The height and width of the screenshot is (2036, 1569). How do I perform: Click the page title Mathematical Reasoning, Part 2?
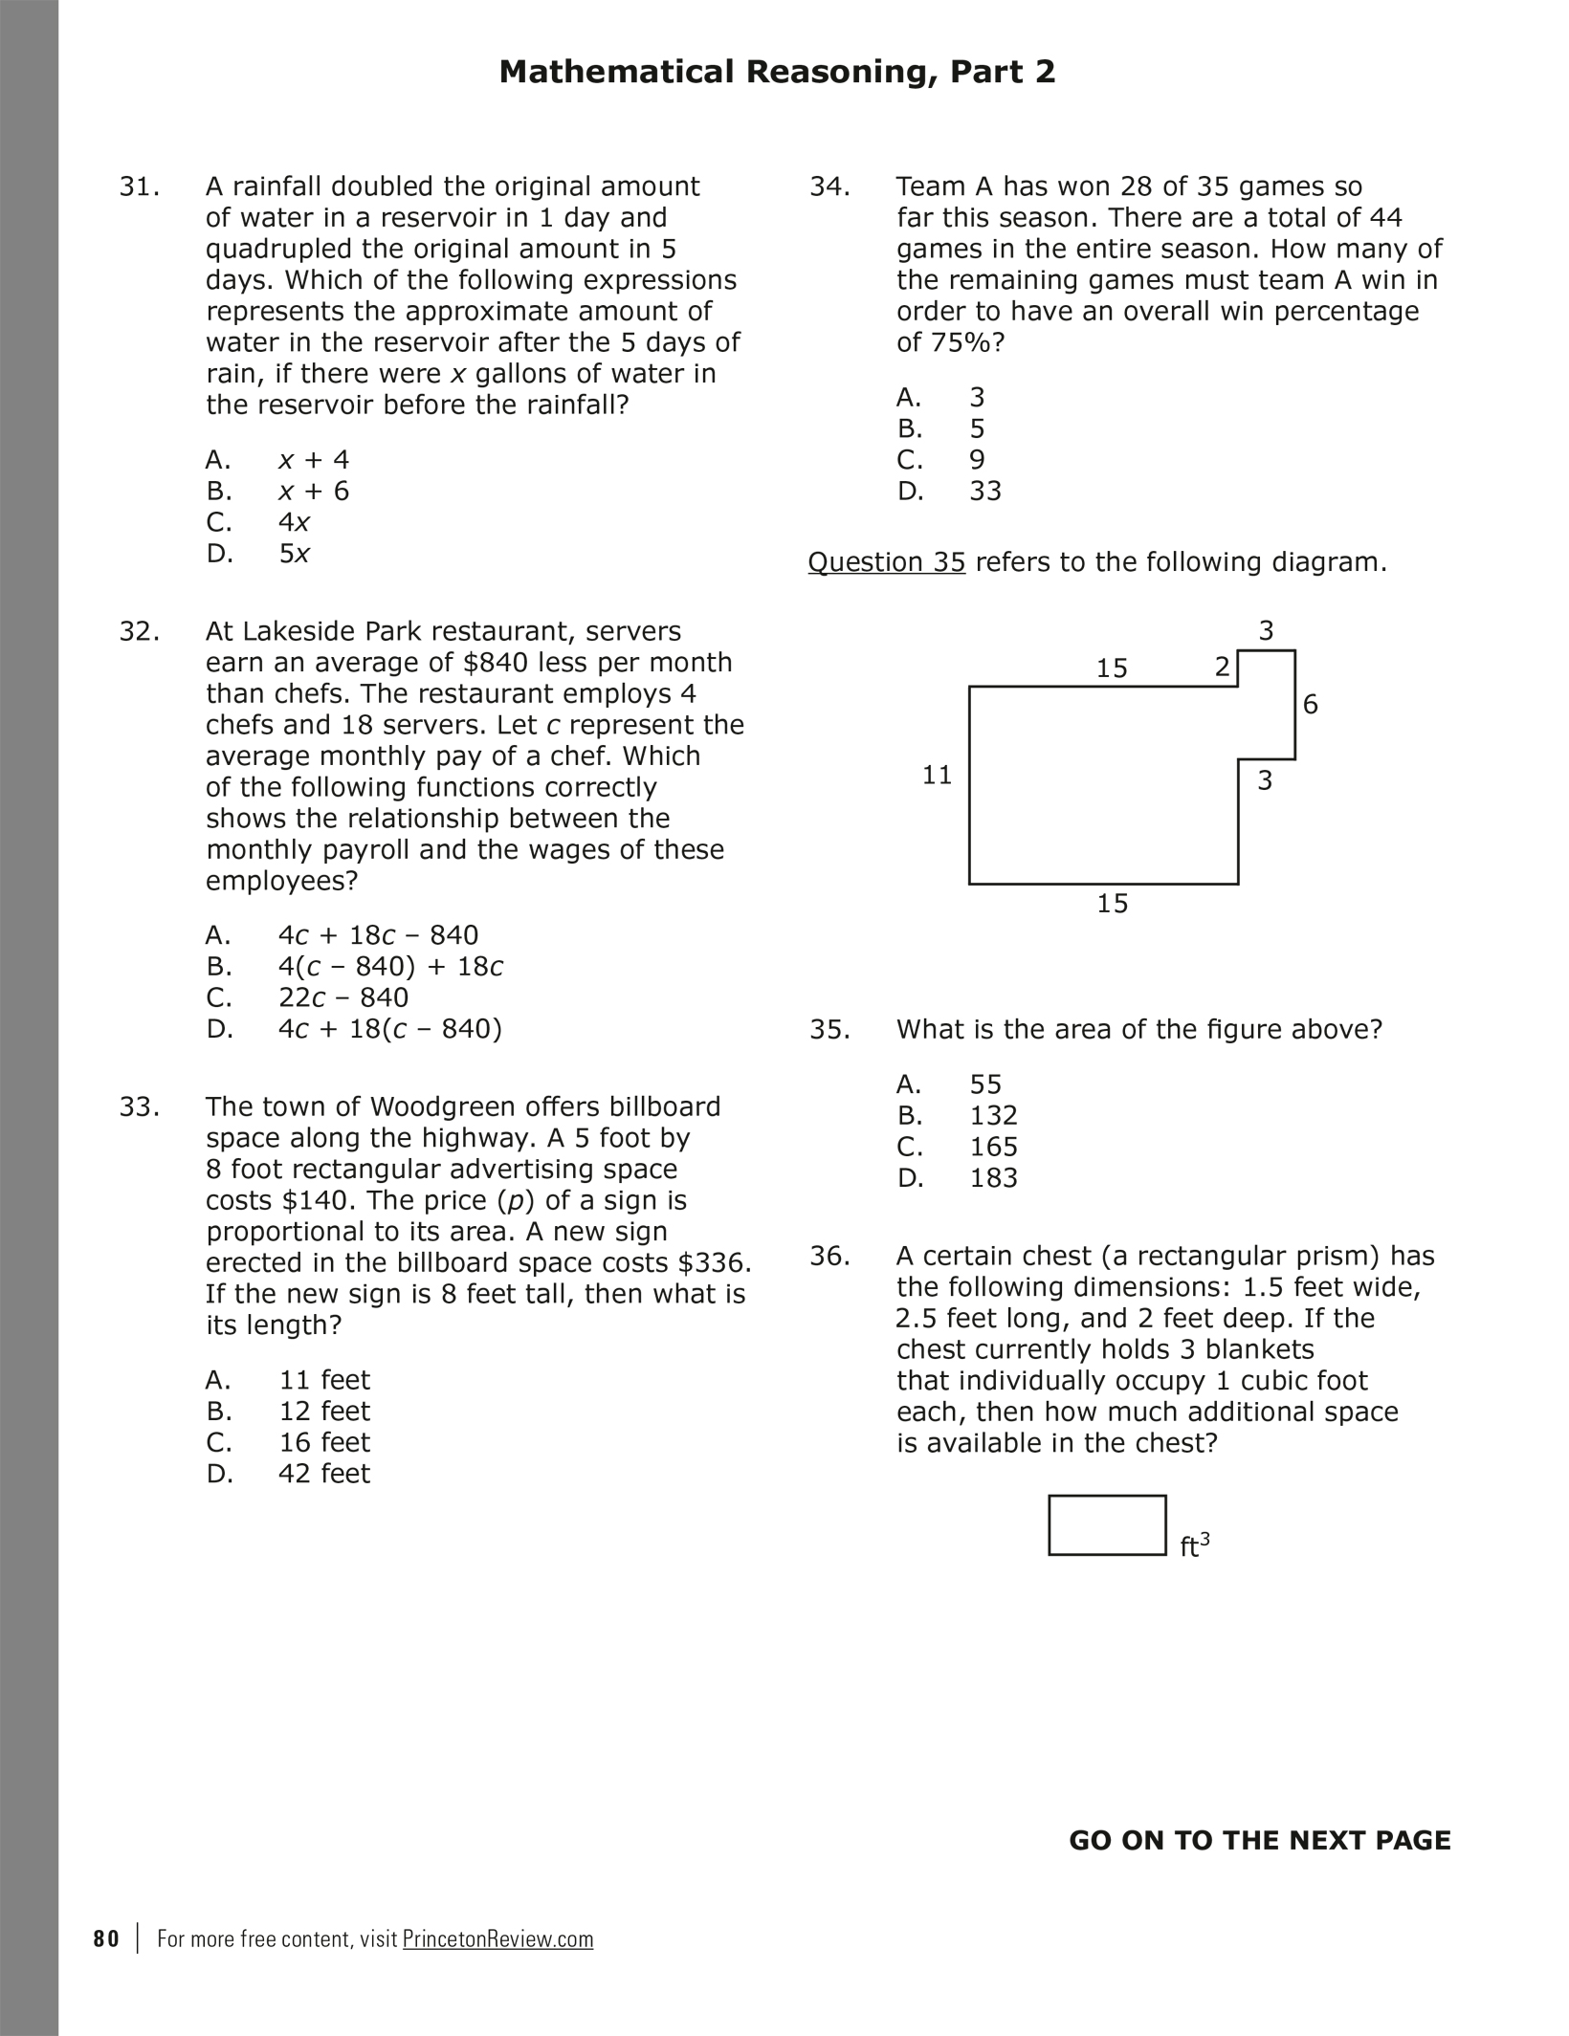[777, 73]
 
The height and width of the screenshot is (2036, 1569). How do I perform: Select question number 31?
[139, 186]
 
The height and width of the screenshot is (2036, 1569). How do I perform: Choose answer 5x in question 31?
[294, 554]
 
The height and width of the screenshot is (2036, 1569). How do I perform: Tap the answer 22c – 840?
[343, 997]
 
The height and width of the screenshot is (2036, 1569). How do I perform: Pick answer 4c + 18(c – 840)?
[389, 1029]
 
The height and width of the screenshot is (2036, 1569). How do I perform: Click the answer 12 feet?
[323, 1412]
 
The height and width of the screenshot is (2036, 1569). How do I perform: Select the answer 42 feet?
[323, 1474]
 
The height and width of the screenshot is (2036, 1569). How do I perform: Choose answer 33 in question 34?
[985, 492]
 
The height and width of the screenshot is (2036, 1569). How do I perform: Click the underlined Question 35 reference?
[886, 562]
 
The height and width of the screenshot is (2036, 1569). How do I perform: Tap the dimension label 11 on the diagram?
[937, 775]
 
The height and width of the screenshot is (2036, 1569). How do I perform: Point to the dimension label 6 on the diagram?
[1311, 705]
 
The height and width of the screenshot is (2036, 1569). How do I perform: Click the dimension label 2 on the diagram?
[1222, 668]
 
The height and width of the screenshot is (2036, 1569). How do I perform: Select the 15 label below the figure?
[1112, 904]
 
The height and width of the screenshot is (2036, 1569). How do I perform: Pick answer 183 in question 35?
[993, 1178]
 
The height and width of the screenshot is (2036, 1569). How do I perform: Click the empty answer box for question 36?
[1107, 1525]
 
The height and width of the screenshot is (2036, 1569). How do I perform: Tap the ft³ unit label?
[1195, 1545]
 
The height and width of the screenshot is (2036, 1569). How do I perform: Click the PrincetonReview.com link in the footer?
[497, 1939]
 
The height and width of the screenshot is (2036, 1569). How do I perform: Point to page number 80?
[106, 1939]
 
